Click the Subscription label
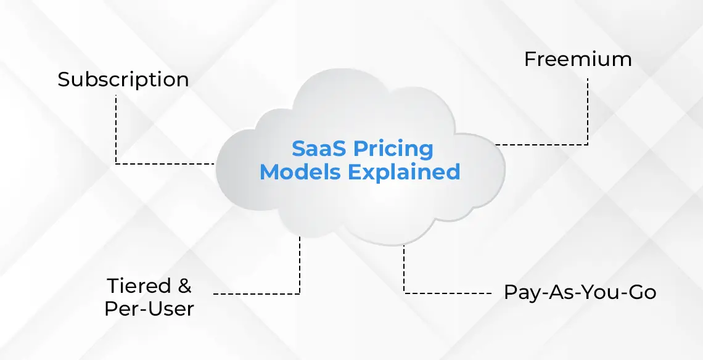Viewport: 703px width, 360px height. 123,80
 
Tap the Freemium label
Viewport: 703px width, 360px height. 578,60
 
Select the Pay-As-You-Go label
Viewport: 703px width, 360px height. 580,292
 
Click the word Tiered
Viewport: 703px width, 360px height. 139,286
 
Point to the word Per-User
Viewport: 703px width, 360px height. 149,308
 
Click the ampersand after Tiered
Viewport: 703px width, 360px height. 183,286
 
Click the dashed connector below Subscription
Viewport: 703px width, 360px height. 116,129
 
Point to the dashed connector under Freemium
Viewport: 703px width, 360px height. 588,111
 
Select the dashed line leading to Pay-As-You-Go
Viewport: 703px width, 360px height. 450,292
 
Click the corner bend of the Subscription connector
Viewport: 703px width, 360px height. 116,163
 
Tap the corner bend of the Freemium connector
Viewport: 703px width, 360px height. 588,145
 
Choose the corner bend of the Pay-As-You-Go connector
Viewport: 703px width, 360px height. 405,292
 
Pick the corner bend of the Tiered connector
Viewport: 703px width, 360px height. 300,293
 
